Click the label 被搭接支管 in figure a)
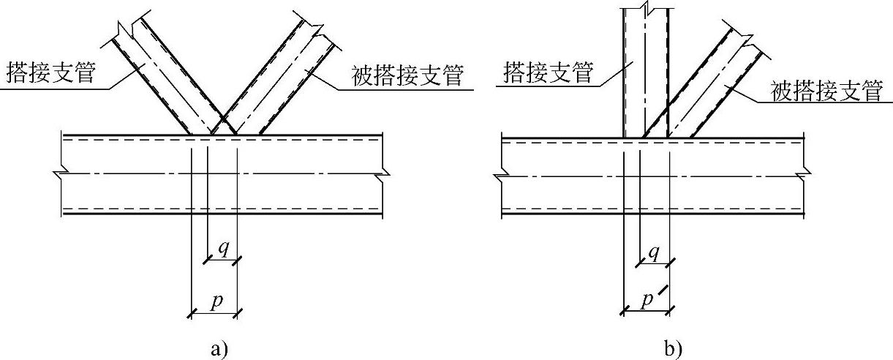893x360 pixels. point(408,76)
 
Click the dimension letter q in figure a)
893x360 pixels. point(223,247)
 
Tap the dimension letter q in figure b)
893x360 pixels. point(655,252)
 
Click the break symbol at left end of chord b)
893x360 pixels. point(502,176)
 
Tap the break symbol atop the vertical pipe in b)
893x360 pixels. point(645,9)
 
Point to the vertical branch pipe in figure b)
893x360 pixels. point(644,73)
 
